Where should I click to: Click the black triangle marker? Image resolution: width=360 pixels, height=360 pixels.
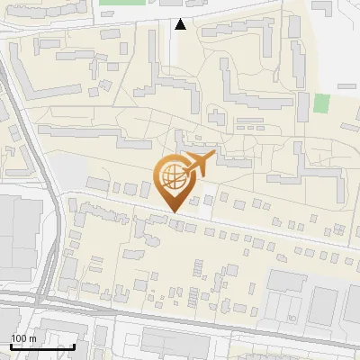181,24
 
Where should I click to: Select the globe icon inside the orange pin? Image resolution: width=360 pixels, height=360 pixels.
170,176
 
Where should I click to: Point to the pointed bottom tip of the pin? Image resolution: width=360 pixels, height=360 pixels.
171,212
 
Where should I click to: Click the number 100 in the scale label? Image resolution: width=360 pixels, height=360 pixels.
19,338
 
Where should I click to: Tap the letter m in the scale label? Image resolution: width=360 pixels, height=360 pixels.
32,338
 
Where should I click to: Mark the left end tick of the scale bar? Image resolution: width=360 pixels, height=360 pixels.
10,346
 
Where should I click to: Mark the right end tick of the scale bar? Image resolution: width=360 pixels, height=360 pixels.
75,346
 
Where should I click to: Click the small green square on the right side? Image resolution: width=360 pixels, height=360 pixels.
321,103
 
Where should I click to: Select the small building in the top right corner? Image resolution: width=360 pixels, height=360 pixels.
323,6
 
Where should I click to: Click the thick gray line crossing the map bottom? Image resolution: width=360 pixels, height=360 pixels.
180,321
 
